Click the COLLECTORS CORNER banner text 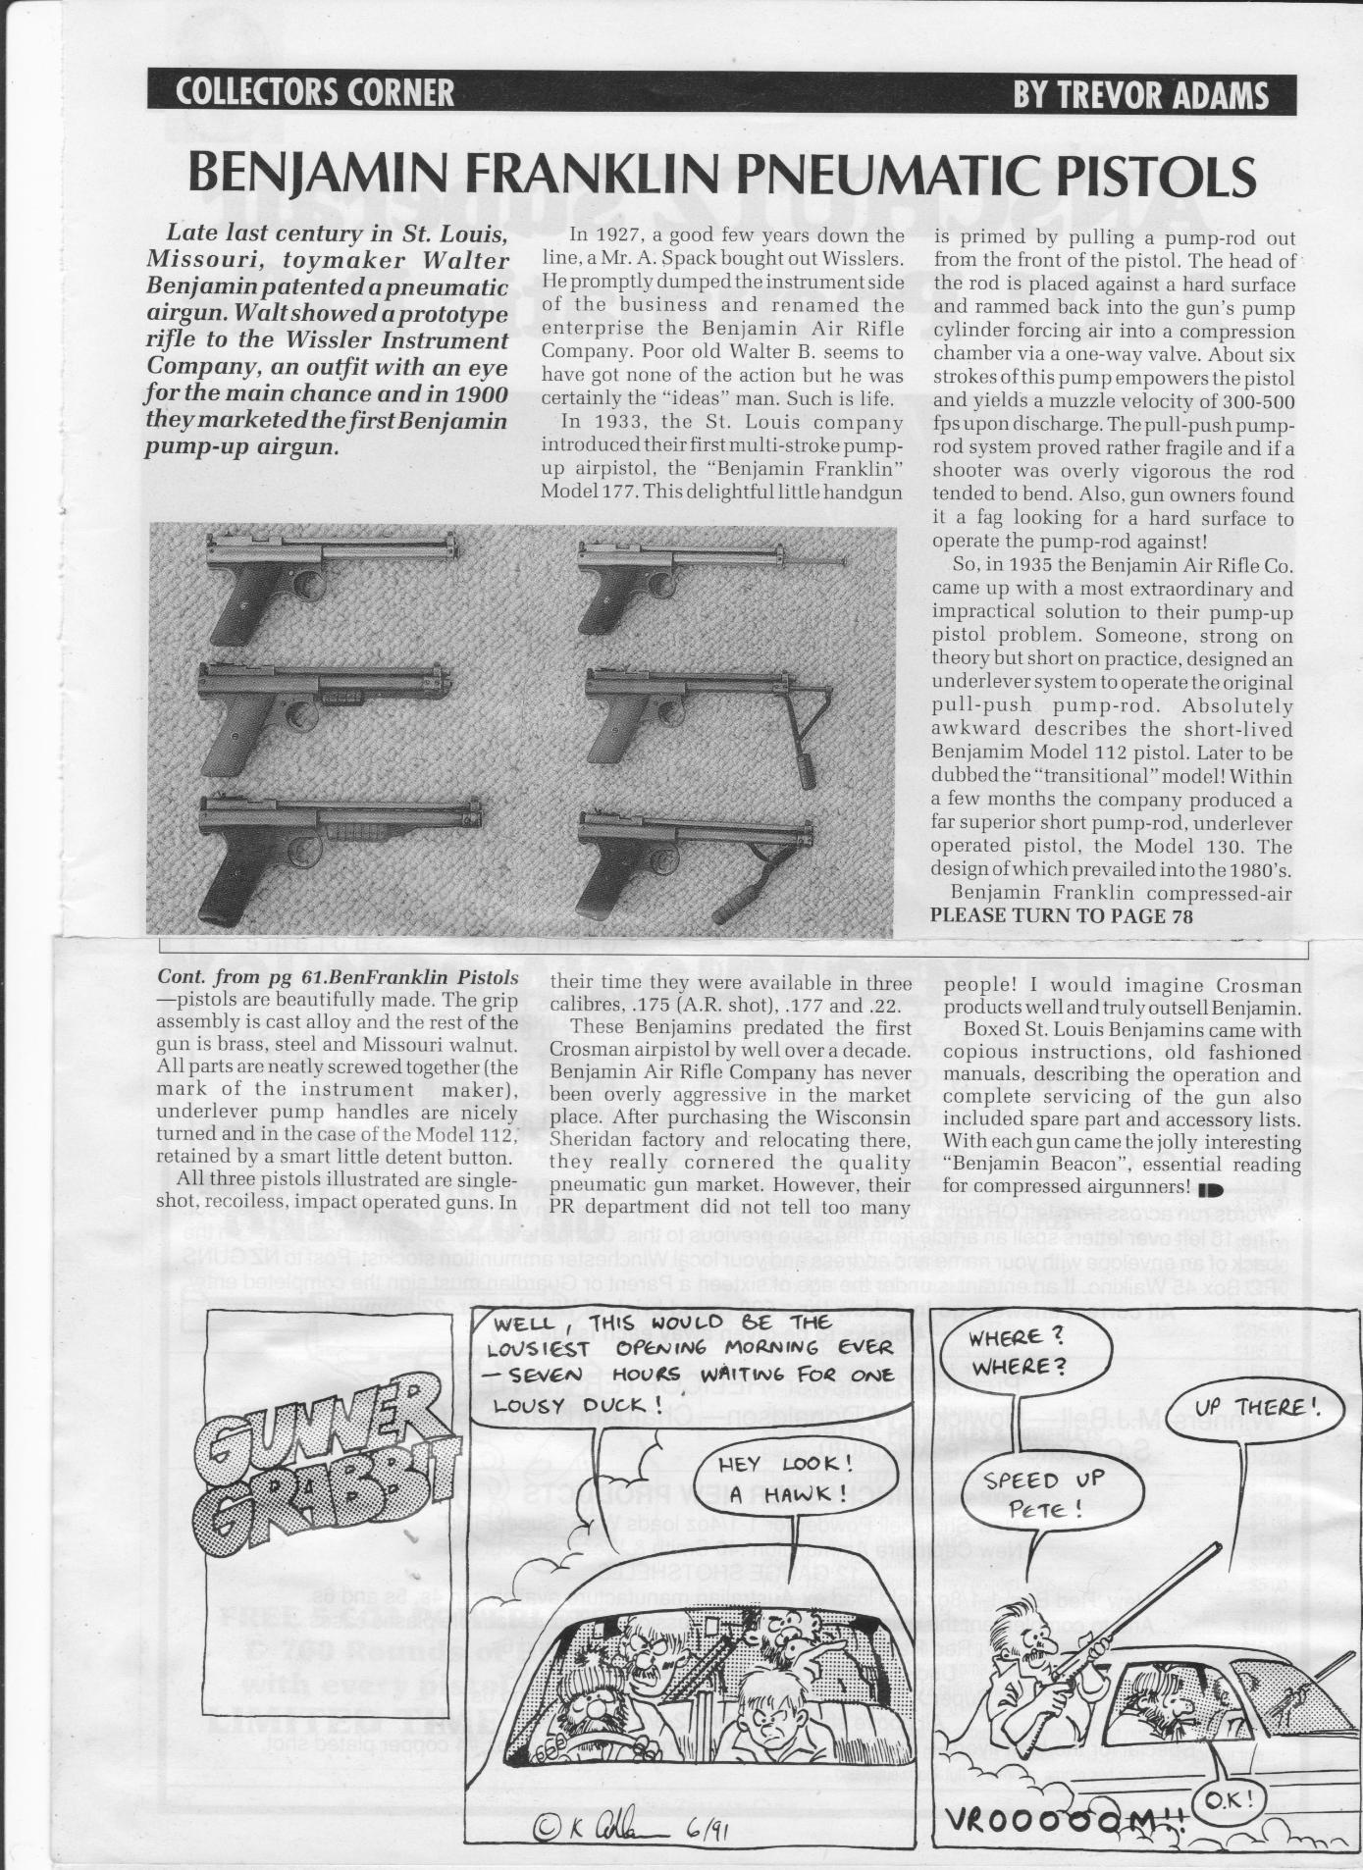(315, 92)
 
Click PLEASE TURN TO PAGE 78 (1061, 916)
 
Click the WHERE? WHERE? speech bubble (1018, 1350)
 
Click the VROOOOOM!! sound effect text (1058, 1822)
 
